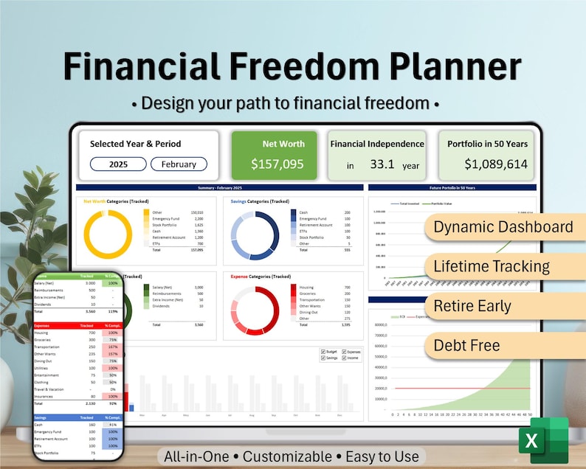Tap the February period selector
(179, 164)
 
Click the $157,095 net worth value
(277, 164)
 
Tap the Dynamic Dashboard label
(503, 226)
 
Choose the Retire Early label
(472, 305)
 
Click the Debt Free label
(466, 344)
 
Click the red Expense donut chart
(255, 309)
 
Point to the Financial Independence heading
(377, 144)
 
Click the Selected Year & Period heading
(135, 144)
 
